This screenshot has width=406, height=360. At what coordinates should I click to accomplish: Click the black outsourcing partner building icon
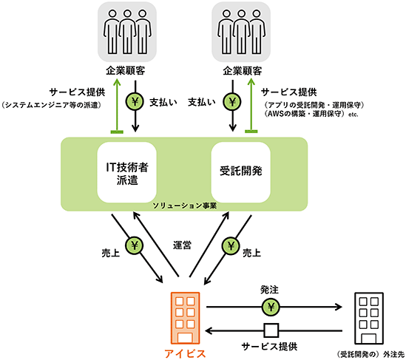pos(369,318)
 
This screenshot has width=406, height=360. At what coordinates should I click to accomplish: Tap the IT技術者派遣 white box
pos(127,172)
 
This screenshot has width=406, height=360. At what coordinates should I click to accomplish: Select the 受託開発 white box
pos(241,172)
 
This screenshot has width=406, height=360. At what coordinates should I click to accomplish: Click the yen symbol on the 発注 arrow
pos(271,308)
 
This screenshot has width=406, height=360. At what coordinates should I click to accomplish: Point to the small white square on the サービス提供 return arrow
pos(271,330)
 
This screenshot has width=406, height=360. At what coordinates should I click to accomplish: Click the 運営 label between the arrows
pos(182,245)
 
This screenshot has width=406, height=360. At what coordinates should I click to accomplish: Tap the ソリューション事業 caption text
pos(184,206)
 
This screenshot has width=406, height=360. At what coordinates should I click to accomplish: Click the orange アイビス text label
pos(185,353)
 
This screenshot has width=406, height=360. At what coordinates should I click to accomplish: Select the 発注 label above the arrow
pos(269,290)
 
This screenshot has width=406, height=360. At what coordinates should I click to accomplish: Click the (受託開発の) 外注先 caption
pos(371,354)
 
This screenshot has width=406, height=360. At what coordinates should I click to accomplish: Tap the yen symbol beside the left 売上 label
pos(135,245)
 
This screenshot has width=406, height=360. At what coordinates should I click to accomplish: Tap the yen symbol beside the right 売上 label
pos(231,245)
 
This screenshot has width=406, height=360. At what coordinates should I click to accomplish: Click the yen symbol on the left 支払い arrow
pos(135,102)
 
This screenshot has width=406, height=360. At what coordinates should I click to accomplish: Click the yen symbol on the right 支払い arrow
pos(232,102)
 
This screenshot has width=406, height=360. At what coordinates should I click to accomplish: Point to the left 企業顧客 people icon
pos(127,32)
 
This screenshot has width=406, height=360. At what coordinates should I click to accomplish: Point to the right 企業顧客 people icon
pos(241,32)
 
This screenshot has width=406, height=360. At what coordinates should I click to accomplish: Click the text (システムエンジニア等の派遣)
pos(51,105)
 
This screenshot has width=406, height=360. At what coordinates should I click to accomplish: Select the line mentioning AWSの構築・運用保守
pos(311,114)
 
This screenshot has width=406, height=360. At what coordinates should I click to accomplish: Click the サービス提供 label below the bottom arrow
pos(269,347)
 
